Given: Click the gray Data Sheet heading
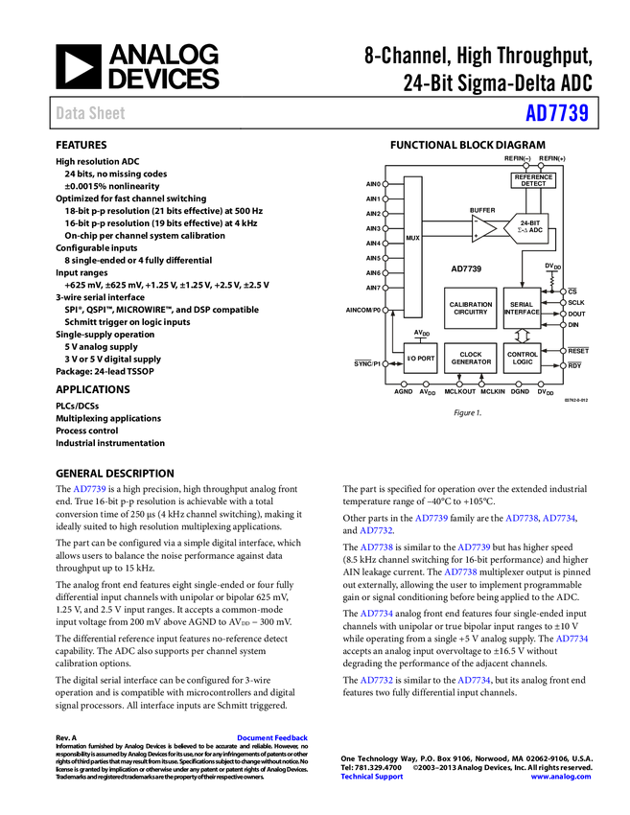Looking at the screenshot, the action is (x=91, y=113).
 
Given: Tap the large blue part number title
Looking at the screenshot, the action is (x=556, y=113).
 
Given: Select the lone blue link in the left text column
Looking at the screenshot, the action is (x=90, y=489).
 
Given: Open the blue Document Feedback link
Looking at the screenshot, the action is (x=273, y=738).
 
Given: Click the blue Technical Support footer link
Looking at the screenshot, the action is (x=372, y=777).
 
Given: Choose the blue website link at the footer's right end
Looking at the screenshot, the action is (x=561, y=777).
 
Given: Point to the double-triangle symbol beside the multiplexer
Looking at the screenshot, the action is (x=478, y=229).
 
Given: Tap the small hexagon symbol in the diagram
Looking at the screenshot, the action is (x=521, y=336).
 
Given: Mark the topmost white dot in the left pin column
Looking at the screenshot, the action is (x=385, y=183).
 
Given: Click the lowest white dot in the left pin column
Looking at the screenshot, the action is (x=385, y=363).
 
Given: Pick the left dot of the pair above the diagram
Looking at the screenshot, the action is (x=526, y=166).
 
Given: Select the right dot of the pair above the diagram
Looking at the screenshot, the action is (x=541, y=166).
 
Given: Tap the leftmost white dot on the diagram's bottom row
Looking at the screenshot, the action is (x=404, y=384).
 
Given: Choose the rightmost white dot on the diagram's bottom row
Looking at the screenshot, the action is (x=541, y=384).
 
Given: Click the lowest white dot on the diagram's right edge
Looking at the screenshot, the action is (x=563, y=365).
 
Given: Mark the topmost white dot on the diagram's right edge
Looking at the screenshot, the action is (x=563, y=291).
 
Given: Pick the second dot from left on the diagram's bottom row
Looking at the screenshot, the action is (x=426, y=384).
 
